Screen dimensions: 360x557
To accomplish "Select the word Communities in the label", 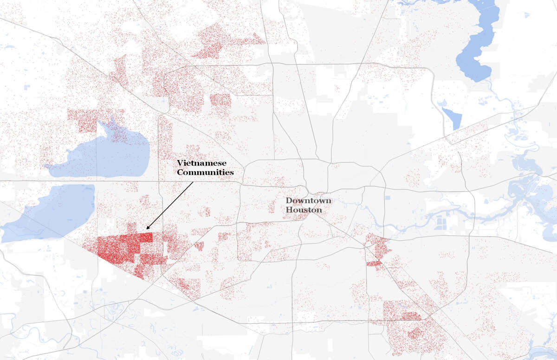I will click(x=205, y=172).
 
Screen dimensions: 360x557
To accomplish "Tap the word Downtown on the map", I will click(x=309, y=200).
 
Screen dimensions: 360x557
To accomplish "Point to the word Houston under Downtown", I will click(x=304, y=210).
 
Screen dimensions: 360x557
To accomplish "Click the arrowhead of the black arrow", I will click(x=148, y=228).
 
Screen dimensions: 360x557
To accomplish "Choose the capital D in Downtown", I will click(x=289, y=200).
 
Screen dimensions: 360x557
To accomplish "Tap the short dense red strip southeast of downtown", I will click(x=374, y=264).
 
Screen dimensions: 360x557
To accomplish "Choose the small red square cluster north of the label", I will click(x=220, y=100).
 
